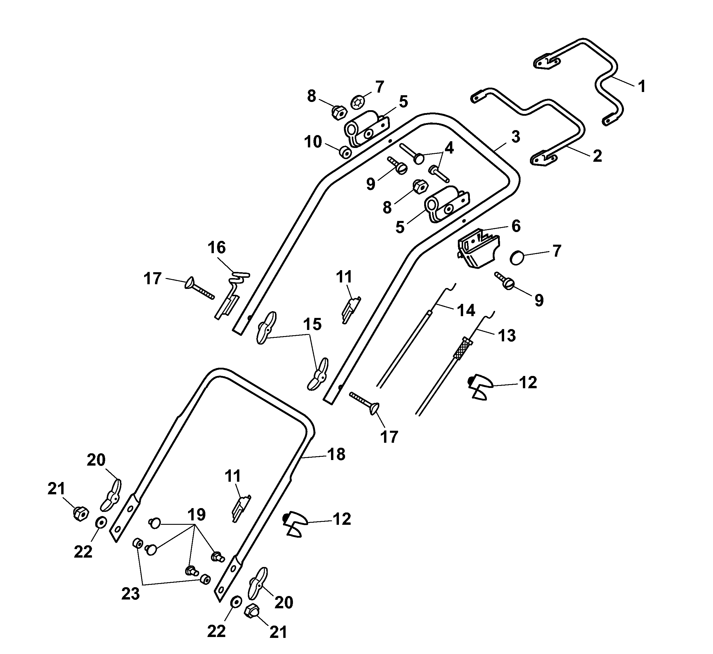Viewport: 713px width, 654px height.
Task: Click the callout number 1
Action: click(x=642, y=86)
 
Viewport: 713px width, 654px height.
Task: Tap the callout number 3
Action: click(x=516, y=137)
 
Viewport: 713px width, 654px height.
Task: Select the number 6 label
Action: click(x=516, y=226)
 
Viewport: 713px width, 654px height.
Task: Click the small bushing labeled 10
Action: click(x=345, y=153)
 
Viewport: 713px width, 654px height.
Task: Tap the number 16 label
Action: click(x=216, y=248)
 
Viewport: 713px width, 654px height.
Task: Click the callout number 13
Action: click(x=507, y=335)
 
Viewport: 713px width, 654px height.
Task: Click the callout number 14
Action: click(x=466, y=310)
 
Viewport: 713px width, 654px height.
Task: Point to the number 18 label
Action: click(x=336, y=454)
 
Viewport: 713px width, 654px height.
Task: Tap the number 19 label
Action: click(x=196, y=514)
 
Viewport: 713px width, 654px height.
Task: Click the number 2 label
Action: click(x=597, y=156)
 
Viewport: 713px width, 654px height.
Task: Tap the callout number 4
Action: click(x=449, y=149)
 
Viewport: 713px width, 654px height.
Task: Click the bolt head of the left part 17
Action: click(x=190, y=283)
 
